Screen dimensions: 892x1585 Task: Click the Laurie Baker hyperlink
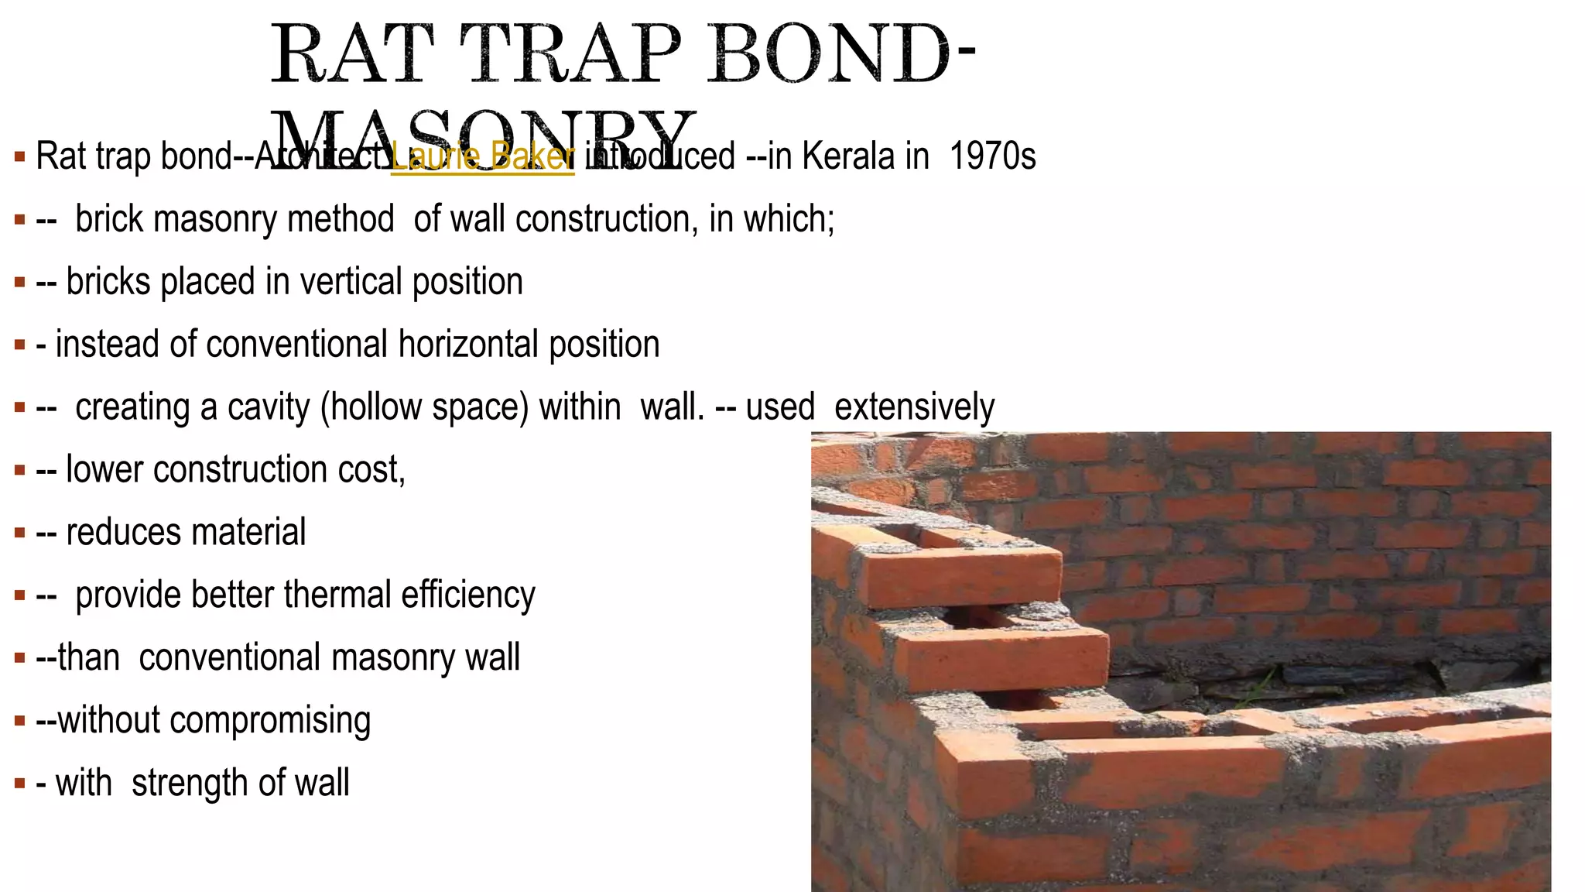(482, 156)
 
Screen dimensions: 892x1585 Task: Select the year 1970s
(992, 156)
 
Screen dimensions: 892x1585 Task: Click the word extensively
(914, 407)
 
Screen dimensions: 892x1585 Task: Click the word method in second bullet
(341, 219)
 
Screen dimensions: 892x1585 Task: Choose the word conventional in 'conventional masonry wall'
(229, 658)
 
